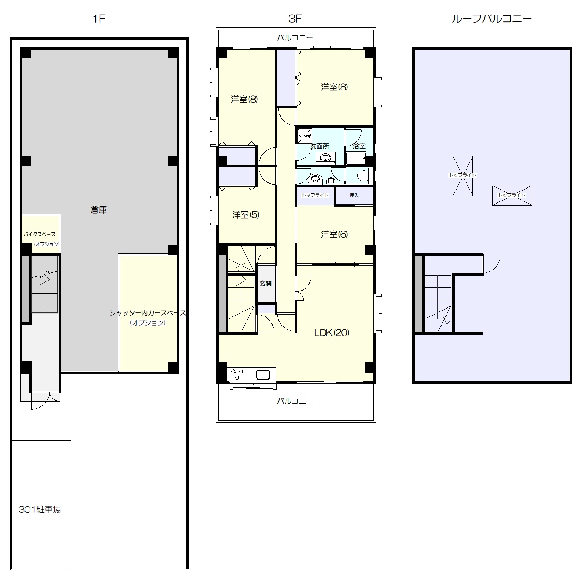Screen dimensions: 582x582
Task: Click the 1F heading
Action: pos(99,19)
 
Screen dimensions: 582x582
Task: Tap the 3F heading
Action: pos(295,19)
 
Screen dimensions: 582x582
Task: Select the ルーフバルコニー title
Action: pos(492,19)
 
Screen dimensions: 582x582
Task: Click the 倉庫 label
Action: pos(99,210)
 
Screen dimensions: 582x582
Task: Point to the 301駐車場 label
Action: pos(40,510)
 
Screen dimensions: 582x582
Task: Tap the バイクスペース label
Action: pos(40,234)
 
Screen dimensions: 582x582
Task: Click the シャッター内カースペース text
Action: pos(148,312)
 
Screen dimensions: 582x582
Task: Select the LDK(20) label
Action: pos(331,332)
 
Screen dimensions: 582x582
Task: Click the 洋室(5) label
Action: pos(246,215)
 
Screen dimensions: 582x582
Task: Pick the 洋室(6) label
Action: pos(334,234)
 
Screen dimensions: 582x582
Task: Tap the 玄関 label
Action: pos(266,283)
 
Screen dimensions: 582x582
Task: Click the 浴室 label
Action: pos(359,146)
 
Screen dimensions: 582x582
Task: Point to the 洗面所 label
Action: pos(320,146)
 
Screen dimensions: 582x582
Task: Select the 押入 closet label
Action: pos(354,195)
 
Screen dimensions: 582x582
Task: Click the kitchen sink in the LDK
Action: pos(262,375)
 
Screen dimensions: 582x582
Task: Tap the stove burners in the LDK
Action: pos(237,374)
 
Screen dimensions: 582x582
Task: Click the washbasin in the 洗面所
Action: pos(325,157)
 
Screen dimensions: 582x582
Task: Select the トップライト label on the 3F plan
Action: pos(315,195)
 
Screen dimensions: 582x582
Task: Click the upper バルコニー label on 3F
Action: pos(295,38)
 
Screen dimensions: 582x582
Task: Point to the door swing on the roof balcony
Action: pos(491,264)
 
